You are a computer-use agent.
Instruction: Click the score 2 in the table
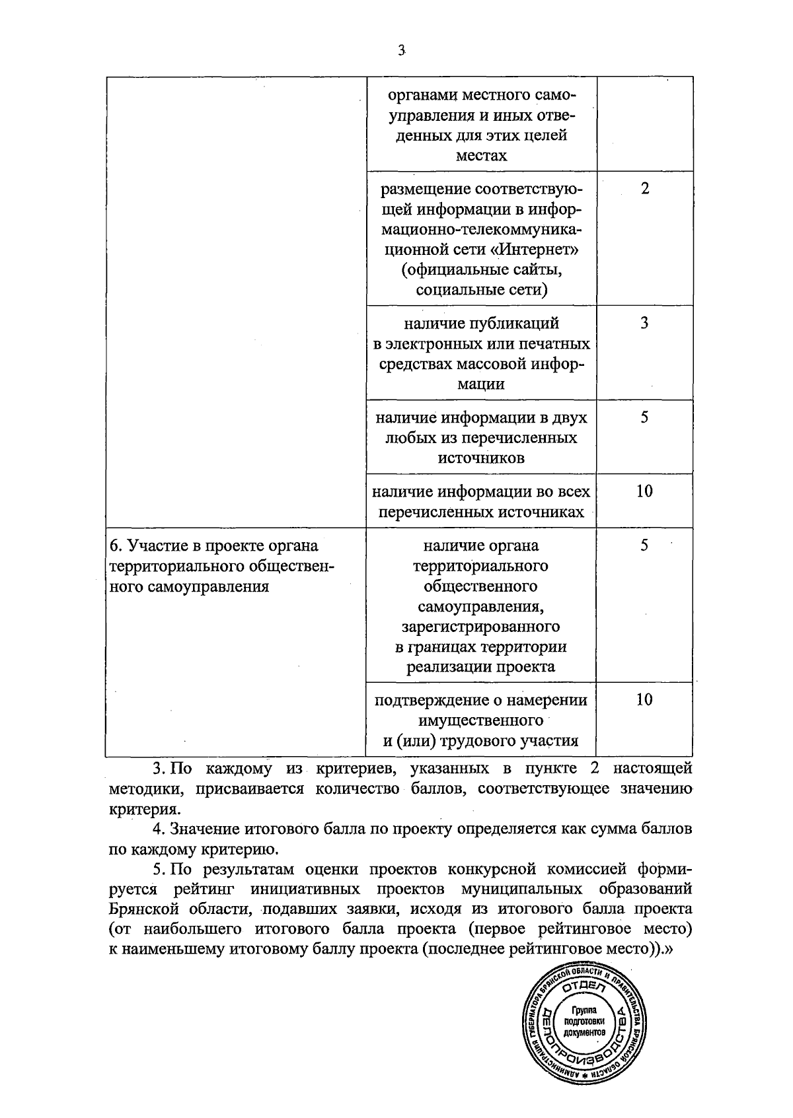[645, 189]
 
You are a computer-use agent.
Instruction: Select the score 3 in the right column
[645, 323]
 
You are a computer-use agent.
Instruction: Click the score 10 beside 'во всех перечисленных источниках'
[644, 491]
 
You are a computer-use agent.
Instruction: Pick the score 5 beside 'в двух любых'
[645, 417]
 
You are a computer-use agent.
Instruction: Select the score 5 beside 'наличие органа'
[645, 545]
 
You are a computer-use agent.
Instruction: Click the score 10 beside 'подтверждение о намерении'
[644, 699]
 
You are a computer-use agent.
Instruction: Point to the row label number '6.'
[116, 546]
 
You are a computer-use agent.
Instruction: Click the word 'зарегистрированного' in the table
[480, 626]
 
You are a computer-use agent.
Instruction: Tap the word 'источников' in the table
[480, 458]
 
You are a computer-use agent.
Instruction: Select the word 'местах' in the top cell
[480, 156]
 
